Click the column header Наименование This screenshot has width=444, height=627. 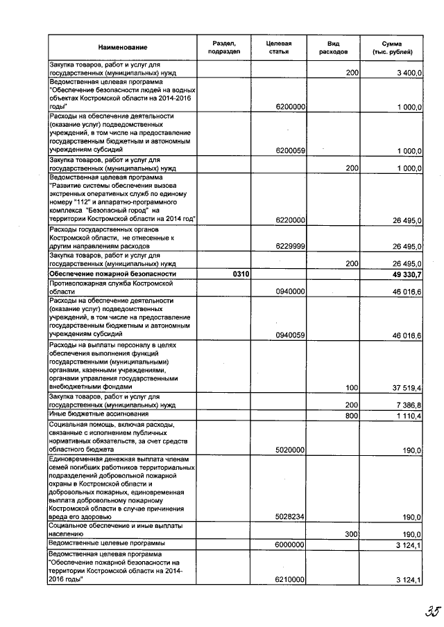123,47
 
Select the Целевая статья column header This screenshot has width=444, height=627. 278,47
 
